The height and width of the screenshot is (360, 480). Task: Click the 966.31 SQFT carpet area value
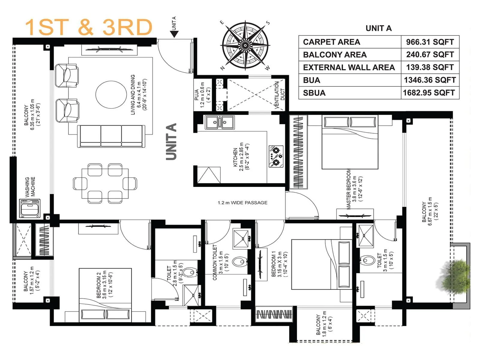pos(430,42)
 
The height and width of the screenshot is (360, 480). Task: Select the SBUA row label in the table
pos(314,93)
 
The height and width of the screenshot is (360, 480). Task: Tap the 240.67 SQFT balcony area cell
pos(430,55)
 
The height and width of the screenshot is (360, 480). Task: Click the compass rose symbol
pos(245,46)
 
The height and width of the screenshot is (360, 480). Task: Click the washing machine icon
pos(30,208)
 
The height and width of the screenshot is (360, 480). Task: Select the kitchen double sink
pos(220,122)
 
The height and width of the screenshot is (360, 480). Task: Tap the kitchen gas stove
pos(276,156)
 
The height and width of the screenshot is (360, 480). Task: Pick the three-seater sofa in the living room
pos(111,136)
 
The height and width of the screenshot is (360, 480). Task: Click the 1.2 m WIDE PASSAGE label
pos(242,203)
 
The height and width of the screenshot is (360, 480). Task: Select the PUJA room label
pos(196,94)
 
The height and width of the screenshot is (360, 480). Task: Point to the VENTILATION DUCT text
pos(279,95)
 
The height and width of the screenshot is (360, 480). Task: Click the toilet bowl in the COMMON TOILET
pos(240,262)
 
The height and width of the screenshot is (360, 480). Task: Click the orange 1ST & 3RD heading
pos(88,27)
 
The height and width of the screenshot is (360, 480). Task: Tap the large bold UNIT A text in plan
pos(172,141)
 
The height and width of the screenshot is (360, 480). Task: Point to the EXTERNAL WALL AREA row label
pos(349,67)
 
